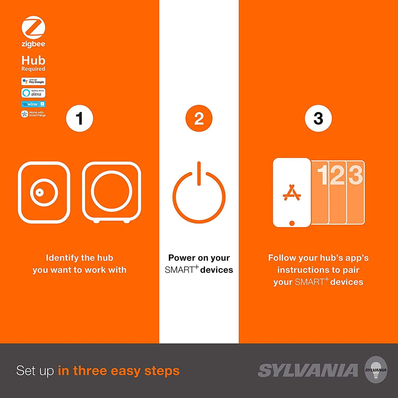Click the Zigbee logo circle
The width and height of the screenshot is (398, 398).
(33, 28)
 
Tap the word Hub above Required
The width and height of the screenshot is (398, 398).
(33, 61)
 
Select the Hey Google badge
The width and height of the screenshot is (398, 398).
(33, 81)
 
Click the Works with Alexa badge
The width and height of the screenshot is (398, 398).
(33, 93)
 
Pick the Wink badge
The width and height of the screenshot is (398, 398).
(33, 104)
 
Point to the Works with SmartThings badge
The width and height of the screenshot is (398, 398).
(33, 114)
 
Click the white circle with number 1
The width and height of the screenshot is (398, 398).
(79, 118)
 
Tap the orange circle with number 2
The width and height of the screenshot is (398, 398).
(199, 118)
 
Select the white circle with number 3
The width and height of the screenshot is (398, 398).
(318, 118)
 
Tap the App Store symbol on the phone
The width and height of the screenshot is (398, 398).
(291, 193)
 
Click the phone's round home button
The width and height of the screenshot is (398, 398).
(292, 223)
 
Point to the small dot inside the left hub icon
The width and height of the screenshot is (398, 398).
(40, 192)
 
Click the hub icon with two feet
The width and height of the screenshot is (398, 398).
(111, 192)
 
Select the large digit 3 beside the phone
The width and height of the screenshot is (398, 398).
(355, 175)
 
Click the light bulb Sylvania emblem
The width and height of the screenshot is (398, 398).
(376, 370)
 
